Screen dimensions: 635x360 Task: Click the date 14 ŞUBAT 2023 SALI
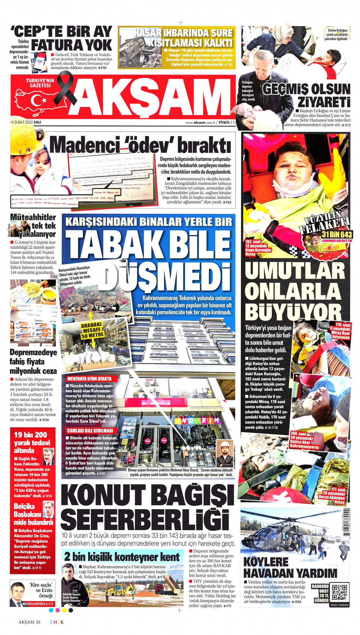click(25, 122)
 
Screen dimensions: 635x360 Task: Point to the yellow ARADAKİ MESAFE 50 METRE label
click(93, 331)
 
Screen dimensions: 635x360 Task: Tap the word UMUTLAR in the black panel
click(295, 271)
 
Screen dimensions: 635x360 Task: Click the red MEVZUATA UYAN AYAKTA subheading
click(89, 379)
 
